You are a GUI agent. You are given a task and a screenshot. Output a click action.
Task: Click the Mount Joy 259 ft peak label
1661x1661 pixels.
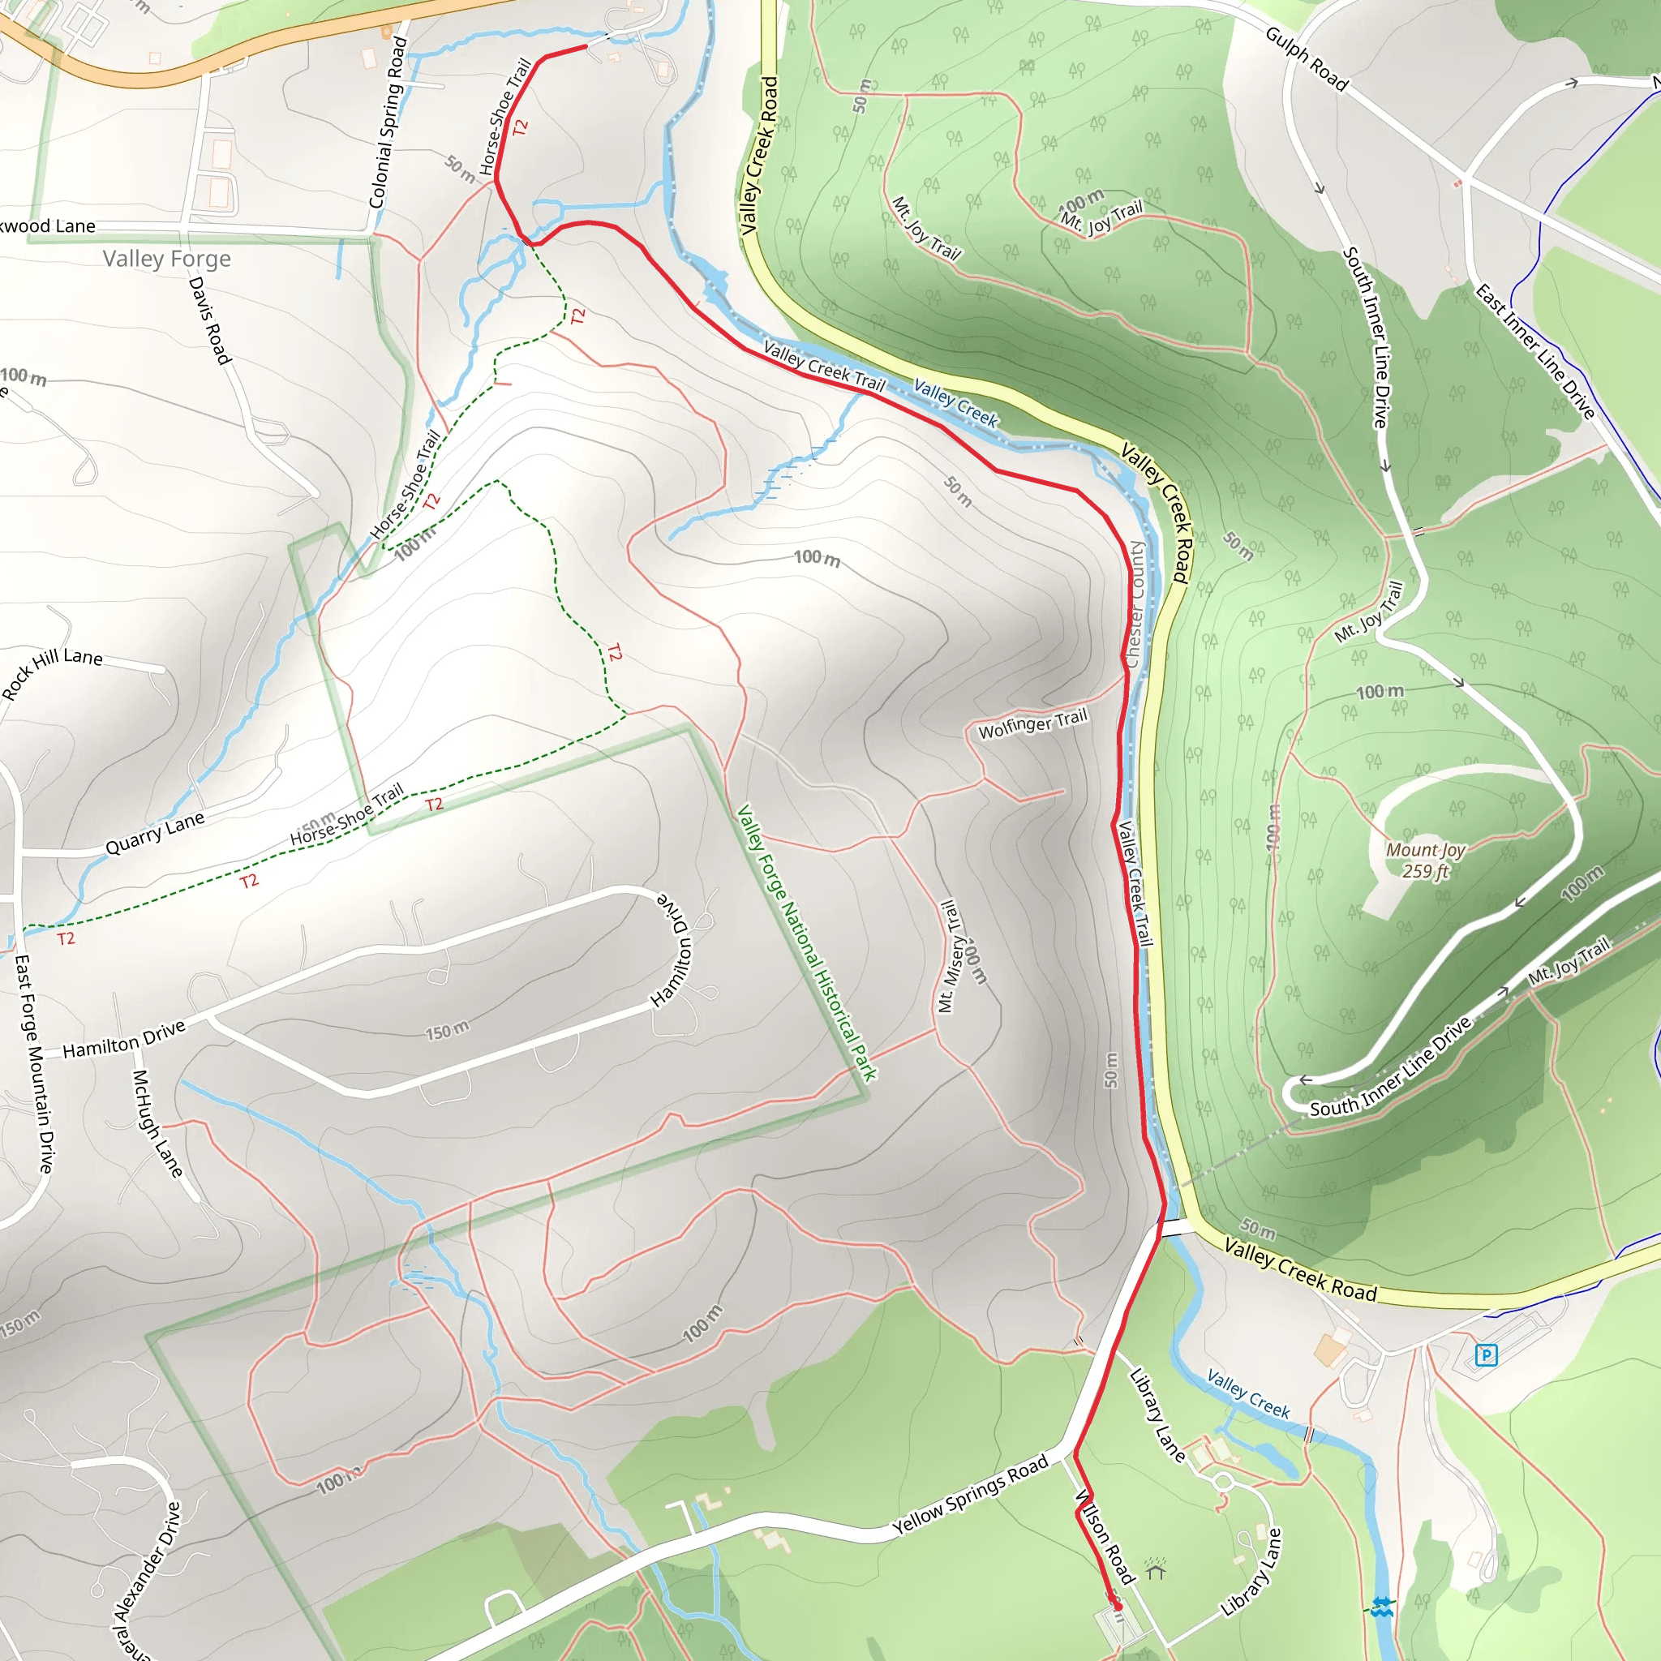pyautogui.click(x=1426, y=861)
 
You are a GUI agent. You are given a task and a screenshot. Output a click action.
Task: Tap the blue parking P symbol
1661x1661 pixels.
pyautogui.click(x=1486, y=1356)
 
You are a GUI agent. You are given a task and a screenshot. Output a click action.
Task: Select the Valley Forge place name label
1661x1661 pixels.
pyautogui.click(x=167, y=259)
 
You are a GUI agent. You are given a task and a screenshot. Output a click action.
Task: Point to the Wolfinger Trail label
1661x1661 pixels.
pyautogui.click(x=1032, y=724)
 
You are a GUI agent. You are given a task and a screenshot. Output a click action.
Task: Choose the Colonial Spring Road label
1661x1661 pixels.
pyautogui.click(x=387, y=122)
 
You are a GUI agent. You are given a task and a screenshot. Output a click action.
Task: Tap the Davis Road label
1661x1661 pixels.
pyautogui.click(x=210, y=320)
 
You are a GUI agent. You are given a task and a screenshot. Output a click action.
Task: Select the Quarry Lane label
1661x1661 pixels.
pyautogui.click(x=155, y=833)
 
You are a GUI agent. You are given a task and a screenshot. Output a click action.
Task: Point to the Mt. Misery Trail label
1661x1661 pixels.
pyautogui.click(x=948, y=956)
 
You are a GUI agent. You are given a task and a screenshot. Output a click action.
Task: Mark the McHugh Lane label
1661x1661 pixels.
pyautogui.click(x=157, y=1122)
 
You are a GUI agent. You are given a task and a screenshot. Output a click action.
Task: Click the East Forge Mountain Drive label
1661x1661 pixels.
pyautogui.click(x=34, y=1063)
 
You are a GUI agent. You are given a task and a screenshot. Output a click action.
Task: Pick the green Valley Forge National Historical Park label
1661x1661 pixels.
pyautogui.click(x=806, y=942)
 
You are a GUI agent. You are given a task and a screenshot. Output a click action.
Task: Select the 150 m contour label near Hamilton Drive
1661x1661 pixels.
pyautogui.click(x=448, y=1030)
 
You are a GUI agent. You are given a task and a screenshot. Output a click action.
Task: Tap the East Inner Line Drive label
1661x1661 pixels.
pyautogui.click(x=1535, y=350)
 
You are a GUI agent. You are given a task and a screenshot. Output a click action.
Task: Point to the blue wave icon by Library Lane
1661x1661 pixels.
pyautogui.click(x=1381, y=1606)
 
